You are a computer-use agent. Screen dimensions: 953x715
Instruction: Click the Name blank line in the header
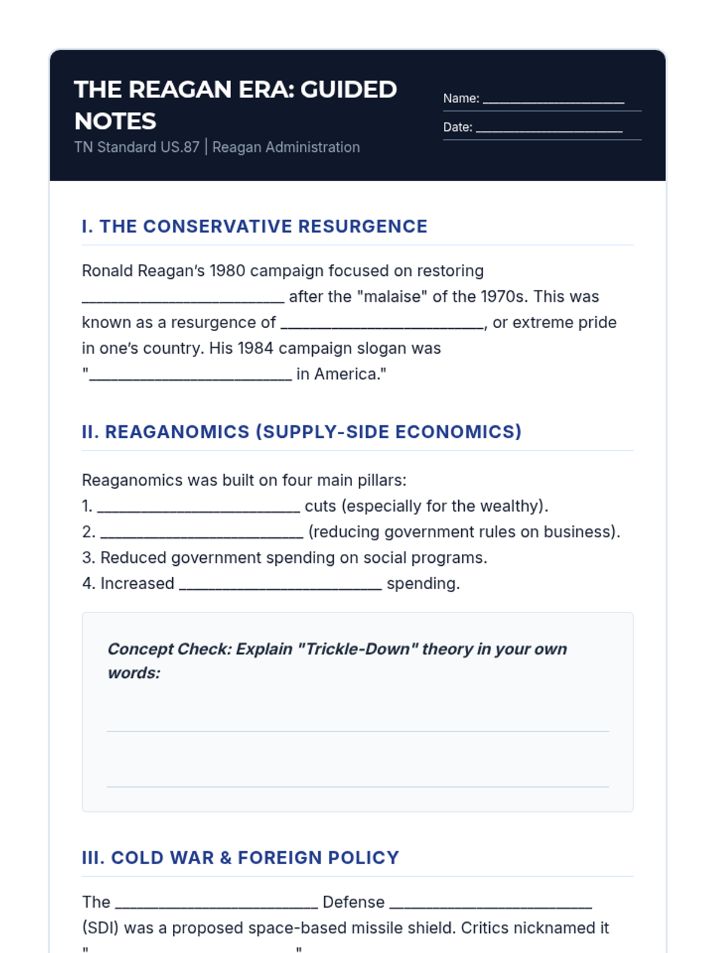[553, 100]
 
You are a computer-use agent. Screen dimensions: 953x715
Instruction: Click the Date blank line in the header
[549, 129]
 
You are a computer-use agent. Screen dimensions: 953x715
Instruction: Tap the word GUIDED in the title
[349, 89]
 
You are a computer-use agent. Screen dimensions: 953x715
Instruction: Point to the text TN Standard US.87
[136, 147]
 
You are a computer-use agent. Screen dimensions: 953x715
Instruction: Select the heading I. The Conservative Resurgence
[254, 226]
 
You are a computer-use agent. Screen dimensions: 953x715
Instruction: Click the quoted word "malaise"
[391, 297]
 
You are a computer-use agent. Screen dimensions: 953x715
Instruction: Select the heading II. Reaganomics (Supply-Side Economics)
[301, 432]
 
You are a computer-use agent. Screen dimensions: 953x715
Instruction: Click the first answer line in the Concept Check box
[357, 730]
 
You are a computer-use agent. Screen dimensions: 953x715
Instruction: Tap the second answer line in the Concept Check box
[357, 786]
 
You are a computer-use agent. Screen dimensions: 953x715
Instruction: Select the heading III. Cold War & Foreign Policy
[240, 858]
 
